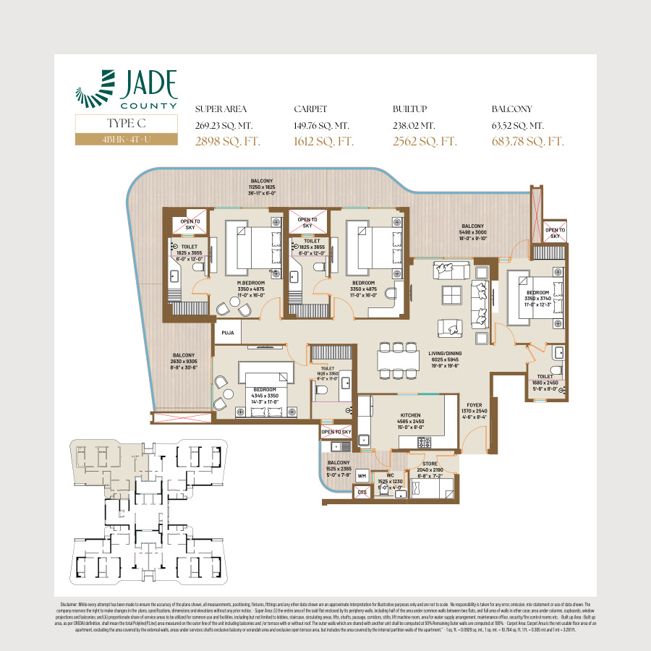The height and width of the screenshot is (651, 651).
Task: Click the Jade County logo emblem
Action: tap(96, 88)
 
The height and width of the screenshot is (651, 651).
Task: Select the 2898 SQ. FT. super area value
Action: tap(227, 141)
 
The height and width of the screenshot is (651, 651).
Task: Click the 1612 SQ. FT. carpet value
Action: tap(323, 141)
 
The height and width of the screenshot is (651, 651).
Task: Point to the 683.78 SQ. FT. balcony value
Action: tap(527, 141)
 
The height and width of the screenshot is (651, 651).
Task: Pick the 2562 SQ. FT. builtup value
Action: tap(425, 141)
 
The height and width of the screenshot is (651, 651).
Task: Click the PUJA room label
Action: tap(226, 333)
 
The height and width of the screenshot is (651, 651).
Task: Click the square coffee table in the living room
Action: tap(451, 295)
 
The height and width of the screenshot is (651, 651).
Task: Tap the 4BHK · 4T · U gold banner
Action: tap(126, 138)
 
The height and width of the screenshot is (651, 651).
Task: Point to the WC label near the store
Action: tap(391, 475)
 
